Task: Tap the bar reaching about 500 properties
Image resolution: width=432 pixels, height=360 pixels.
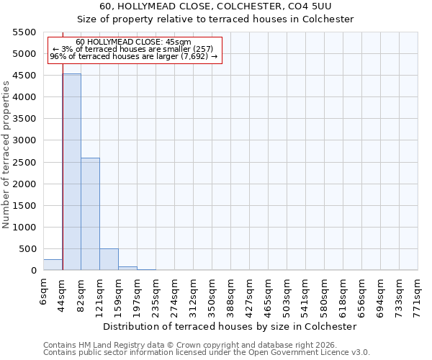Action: [109, 259]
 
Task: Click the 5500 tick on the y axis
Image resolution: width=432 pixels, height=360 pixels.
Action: [24, 32]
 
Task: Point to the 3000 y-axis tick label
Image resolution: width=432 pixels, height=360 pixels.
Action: [24, 140]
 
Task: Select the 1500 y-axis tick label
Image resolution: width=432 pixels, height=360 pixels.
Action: [24, 206]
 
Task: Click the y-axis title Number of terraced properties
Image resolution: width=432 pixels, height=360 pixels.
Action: [6, 155]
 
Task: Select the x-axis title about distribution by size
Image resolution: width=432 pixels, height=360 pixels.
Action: [230, 326]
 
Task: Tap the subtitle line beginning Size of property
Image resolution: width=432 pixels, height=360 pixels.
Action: [216, 19]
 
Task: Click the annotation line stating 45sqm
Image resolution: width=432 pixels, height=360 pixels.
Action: [133, 42]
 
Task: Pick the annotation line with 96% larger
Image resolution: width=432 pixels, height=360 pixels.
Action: [133, 56]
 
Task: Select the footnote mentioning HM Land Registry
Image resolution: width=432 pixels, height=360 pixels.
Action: [189, 345]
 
